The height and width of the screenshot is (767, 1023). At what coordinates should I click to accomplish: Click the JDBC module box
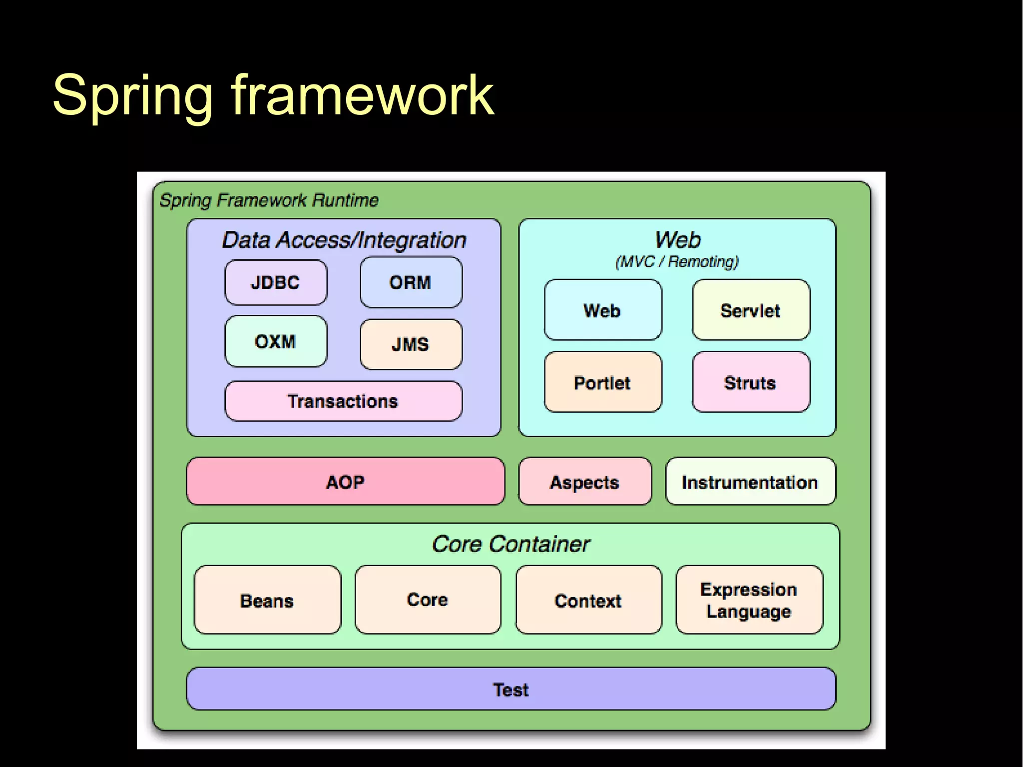pyautogui.click(x=276, y=282)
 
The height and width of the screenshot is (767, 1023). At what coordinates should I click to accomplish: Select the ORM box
pyautogui.click(x=411, y=282)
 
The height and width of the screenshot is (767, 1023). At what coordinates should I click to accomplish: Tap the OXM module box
pyautogui.click(x=276, y=342)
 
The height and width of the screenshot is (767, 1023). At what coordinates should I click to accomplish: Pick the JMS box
pyautogui.click(x=411, y=344)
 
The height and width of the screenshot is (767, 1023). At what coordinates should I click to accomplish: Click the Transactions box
pyautogui.click(x=343, y=401)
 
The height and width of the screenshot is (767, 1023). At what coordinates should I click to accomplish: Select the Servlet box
pyautogui.click(x=751, y=310)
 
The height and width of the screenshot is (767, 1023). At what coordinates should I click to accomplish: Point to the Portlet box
pyautogui.click(x=603, y=382)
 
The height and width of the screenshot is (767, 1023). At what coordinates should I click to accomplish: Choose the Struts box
pyautogui.click(x=751, y=382)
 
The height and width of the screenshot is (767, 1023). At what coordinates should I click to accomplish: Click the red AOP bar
pyautogui.click(x=345, y=482)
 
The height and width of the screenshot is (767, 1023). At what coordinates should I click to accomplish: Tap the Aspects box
pyautogui.click(x=585, y=482)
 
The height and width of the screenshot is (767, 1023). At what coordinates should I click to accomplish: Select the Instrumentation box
pyautogui.click(x=750, y=482)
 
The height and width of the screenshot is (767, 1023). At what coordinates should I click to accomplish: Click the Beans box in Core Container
pyautogui.click(x=267, y=600)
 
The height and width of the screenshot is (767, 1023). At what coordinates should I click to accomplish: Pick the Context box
pyautogui.click(x=588, y=600)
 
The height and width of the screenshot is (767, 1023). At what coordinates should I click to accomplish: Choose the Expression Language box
pyautogui.click(x=749, y=600)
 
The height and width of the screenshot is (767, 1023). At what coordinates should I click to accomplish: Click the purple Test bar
pyautogui.click(x=511, y=689)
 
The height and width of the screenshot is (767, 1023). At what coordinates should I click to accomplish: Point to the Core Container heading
pyautogui.click(x=511, y=544)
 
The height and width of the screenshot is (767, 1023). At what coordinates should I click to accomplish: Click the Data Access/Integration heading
pyautogui.click(x=344, y=240)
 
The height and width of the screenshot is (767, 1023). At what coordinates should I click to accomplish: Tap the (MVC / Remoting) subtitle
pyautogui.click(x=677, y=261)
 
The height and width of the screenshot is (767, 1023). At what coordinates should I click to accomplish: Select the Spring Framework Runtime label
pyautogui.click(x=269, y=200)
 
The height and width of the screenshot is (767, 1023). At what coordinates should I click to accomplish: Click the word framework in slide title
pyautogui.click(x=362, y=95)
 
